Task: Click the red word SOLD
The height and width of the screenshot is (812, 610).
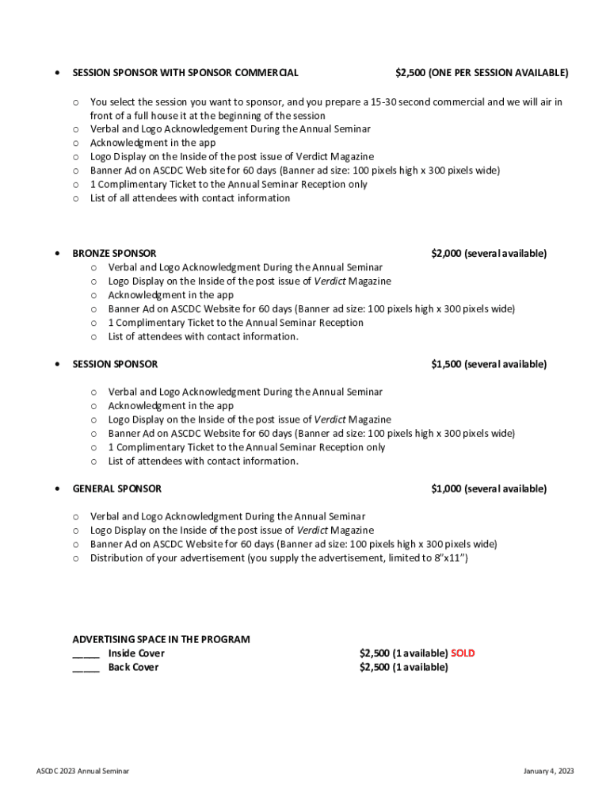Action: [x=463, y=653]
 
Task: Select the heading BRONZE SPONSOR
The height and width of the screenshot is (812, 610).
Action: [x=114, y=254]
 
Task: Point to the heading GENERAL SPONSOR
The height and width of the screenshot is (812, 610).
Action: [x=116, y=489]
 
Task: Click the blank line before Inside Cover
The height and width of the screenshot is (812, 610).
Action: [x=86, y=655]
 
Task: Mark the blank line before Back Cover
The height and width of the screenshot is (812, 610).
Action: [x=86, y=669]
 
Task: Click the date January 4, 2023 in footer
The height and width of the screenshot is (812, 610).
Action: [x=548, y=771]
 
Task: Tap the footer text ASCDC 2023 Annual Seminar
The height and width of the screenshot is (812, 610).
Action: [x=82, y=771]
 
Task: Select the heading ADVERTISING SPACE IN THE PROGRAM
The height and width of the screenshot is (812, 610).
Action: [x=161, y=639]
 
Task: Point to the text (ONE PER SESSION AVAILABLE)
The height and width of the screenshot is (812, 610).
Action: [x=498, y=73]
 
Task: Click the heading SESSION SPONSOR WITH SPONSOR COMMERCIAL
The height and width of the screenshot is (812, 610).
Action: [x=185, y=73]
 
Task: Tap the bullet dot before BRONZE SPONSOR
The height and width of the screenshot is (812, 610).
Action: [x=55, y=254]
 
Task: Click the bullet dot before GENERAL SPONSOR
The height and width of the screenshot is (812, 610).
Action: [x=55, y=489]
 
